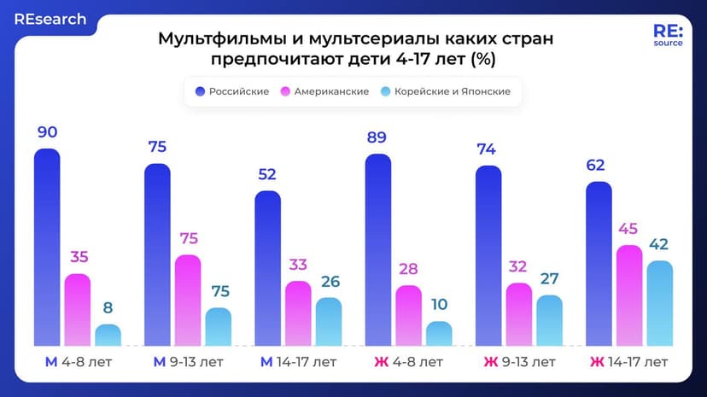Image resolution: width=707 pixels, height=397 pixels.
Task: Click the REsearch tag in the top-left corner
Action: pos(50,19)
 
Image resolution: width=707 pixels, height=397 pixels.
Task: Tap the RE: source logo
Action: pos(668,37)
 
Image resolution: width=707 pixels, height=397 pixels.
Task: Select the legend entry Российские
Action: pos(232,91)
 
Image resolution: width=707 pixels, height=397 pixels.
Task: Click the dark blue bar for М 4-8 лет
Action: pos(47,248)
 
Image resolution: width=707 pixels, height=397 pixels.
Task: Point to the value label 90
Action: pos(47,132)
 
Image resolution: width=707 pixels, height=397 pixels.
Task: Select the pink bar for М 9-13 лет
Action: pos(188,301)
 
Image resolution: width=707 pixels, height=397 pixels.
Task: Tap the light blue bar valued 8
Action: pos(108,335)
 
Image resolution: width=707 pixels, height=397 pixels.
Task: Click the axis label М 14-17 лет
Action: pos(298,362)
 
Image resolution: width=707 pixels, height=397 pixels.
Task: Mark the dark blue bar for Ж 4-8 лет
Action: pos(378,249)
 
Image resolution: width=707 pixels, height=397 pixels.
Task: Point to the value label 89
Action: pos(378,137)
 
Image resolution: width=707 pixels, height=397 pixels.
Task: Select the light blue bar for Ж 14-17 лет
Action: pos(659,303)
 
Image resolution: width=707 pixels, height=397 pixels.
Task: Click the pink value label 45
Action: pos(629,229)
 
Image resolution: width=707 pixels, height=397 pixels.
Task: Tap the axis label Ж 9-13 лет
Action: pos(519,362)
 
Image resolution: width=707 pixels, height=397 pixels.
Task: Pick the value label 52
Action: pos(268,174)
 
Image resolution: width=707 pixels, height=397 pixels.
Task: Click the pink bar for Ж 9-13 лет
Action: pos(519,314)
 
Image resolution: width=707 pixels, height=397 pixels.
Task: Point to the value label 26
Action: pos(329,280)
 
